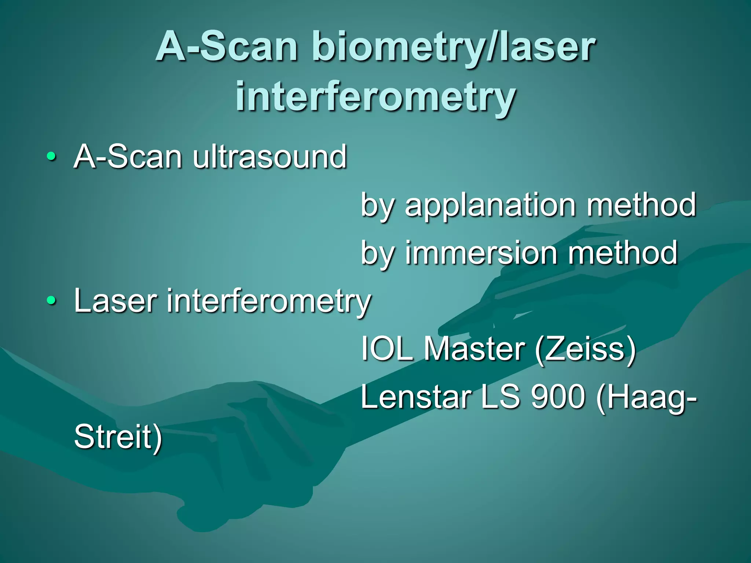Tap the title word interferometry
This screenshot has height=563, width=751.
pyautogui.click(x=375, y=96)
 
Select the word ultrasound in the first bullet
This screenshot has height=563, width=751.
pyautogui.click(x=270, y=157)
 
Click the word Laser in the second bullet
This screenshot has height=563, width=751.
pyautogui.click(x=116, y=301)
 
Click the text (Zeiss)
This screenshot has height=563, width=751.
pyautogui.click(x=585, y=349)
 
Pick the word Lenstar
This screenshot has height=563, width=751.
pyautogui.click(x=416, y=397)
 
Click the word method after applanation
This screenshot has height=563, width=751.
pyautogui.click(x=641, y=205)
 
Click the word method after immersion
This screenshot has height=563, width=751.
pyautogui.click(x=623, y=253)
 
